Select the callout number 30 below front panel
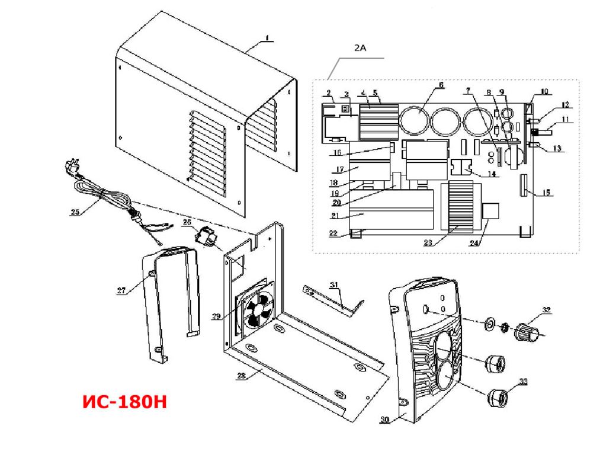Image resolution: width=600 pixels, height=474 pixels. coord(385,420)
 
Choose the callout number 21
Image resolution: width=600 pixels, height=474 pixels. coord(336,216)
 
